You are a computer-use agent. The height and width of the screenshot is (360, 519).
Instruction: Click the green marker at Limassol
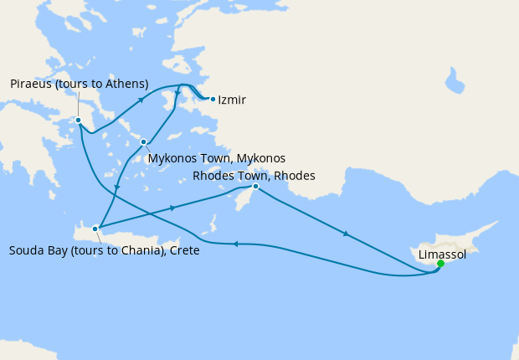coord(440,264)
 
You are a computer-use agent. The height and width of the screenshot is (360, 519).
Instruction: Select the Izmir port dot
coord(213,99)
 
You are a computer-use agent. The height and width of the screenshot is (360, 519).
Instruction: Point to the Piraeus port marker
coord(78,120)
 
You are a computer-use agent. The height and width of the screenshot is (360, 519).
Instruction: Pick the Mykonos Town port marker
coord(144,141)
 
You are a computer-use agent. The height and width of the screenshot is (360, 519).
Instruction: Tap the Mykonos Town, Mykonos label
coord(216,158)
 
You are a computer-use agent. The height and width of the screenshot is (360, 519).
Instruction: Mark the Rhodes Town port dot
coord(255,187)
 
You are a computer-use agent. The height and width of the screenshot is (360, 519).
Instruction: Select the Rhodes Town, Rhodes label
coord(254,176)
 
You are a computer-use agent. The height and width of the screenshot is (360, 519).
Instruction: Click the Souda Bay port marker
coord(96,228)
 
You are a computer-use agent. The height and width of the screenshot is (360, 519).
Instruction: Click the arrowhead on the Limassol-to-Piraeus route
coord(236,244)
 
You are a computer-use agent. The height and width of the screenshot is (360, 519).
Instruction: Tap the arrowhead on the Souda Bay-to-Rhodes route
coord(172,208)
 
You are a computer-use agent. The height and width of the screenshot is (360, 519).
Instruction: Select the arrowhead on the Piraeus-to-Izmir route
coord(141,99)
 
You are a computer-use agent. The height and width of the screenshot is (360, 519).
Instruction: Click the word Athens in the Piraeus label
coord(126,84)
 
